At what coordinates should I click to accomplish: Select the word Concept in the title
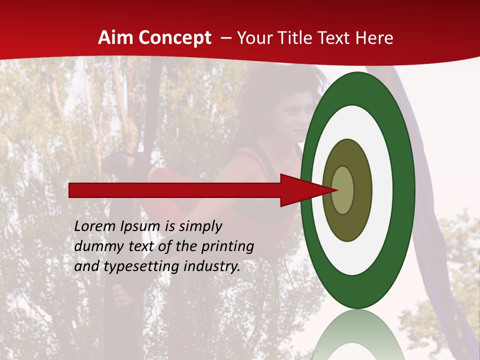coord(175,38)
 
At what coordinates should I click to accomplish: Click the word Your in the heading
coord(253,38)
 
